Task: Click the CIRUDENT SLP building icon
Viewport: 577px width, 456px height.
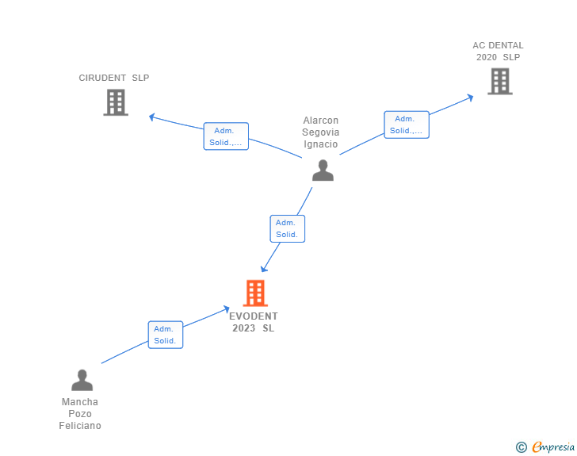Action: [x=116, y=102]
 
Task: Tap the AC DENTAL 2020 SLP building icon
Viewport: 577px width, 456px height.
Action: [x=499, y=81]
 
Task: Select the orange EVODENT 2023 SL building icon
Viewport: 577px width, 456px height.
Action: [x=254, y=293]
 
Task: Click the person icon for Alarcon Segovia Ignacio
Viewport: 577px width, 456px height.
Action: [x=323, y=171]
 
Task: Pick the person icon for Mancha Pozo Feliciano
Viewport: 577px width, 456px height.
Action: [x=82, y=380]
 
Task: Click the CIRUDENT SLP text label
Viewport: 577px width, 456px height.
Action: [x=114, y=78]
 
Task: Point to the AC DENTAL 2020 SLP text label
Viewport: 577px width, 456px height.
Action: [x=499, y=51]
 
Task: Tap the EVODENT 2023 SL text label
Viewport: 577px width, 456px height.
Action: [x=254, y=322]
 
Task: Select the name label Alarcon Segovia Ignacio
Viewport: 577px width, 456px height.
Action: [x=321, y=132]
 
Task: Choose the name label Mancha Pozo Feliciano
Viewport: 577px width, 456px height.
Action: [x=80, y=414]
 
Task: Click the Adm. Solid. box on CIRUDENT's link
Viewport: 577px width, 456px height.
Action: [x=226, y=136]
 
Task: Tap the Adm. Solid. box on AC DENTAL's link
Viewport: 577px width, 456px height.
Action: [x=407, y=125]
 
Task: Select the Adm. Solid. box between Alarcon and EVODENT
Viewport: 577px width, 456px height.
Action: [x=287, y=228]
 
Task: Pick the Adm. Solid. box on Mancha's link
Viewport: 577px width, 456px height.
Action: [x=166, y=335]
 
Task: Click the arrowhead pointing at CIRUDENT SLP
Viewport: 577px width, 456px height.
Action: [x=152, y=117]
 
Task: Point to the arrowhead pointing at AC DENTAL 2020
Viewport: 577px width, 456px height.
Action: [x=470, y=98]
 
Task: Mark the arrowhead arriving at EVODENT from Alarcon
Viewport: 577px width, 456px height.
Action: [x=264, y=269]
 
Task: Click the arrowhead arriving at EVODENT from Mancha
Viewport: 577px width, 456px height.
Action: [x=227, y=308]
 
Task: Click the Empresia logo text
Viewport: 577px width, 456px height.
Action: [x=553, y=447]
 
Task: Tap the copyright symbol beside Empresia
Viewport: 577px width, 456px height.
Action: [x=521, y=447]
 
